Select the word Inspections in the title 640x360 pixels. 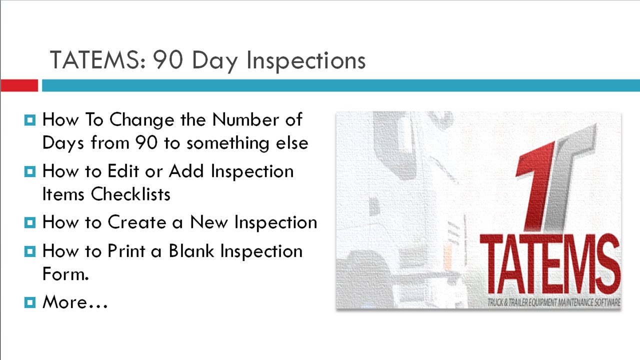[x=306, y=60]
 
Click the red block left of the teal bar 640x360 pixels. [x=19, y=85]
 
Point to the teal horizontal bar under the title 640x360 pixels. [x=340, y=85]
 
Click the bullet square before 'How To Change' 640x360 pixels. [x=30, y=120]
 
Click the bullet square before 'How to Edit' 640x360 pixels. [x=30, y=171]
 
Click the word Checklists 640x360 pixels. [x=130, y=194]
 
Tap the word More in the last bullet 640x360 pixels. [x=64, y=302]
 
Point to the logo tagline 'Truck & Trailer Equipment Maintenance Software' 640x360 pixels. [x=554, y=302]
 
